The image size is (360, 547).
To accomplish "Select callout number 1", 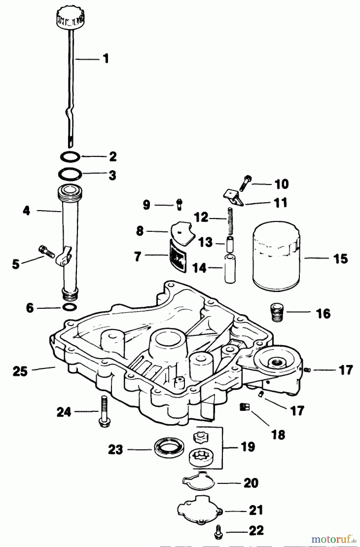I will point(106,58).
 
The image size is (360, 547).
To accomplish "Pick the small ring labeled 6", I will point(69,307).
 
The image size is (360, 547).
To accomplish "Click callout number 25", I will point(20,371).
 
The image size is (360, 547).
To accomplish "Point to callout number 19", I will point(247,447).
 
